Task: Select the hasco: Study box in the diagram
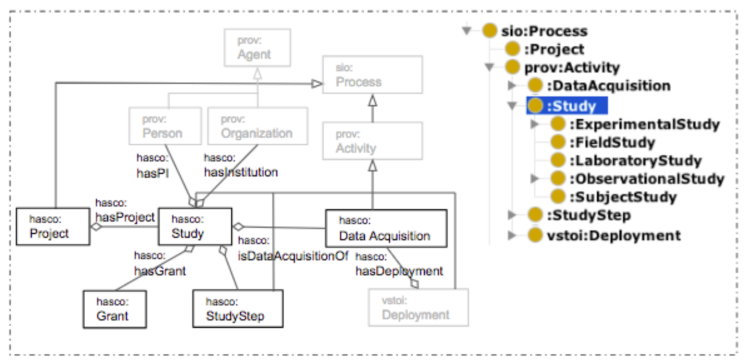point(196,227)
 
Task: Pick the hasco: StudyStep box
point(229,306)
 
